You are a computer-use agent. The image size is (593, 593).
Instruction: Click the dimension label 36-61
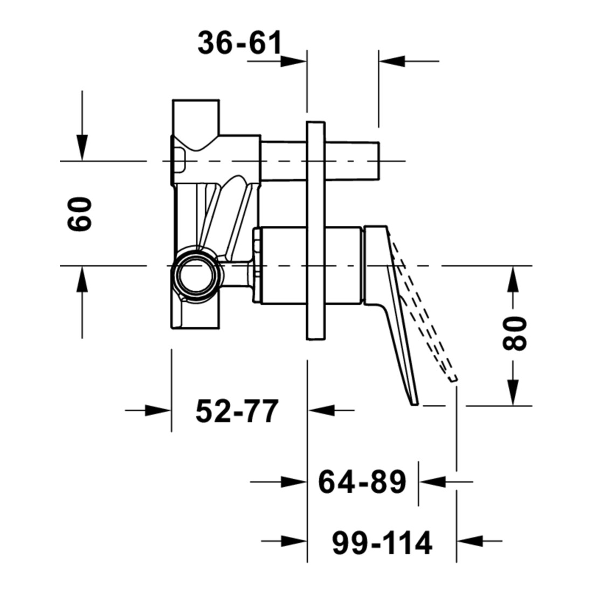[x=240, y=43]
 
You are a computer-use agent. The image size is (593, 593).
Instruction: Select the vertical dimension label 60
[x=80, y=213]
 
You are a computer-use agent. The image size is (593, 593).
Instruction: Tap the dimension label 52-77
[x=237, y=411]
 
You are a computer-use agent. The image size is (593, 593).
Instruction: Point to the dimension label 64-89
[x=362, y=482]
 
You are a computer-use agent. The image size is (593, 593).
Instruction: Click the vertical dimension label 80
[x=514, y=333]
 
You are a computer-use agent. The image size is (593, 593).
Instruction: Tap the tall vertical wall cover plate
[x=316, y=231]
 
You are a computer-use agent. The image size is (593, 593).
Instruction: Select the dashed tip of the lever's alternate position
[x=453, y=378]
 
